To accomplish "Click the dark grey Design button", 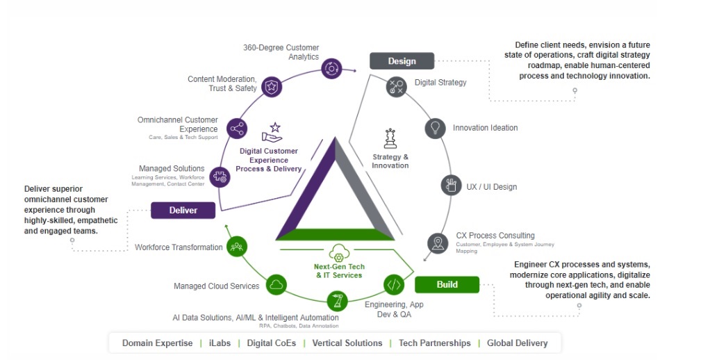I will click(402, 61).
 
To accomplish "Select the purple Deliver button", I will click(183, 210).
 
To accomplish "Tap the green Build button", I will click(447, 284).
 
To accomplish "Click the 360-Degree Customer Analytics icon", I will click(331, 68).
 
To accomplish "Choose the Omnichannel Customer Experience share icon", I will click(237, 129).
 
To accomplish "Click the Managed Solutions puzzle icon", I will click(220, 176).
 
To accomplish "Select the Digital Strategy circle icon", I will click(396, 87).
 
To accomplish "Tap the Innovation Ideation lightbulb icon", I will click(435, 128).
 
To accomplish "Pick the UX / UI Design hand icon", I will click(452, 186).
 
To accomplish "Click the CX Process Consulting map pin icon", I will click(438, 243).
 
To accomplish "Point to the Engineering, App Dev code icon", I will click(394, 284).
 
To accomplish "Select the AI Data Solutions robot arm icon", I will click(338, 302).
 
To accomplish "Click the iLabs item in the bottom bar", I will click(219, 343).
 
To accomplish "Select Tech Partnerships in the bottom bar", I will click(434, 343).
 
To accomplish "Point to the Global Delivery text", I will click(517, 343).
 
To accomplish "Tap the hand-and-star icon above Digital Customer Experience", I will click(271, 133).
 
